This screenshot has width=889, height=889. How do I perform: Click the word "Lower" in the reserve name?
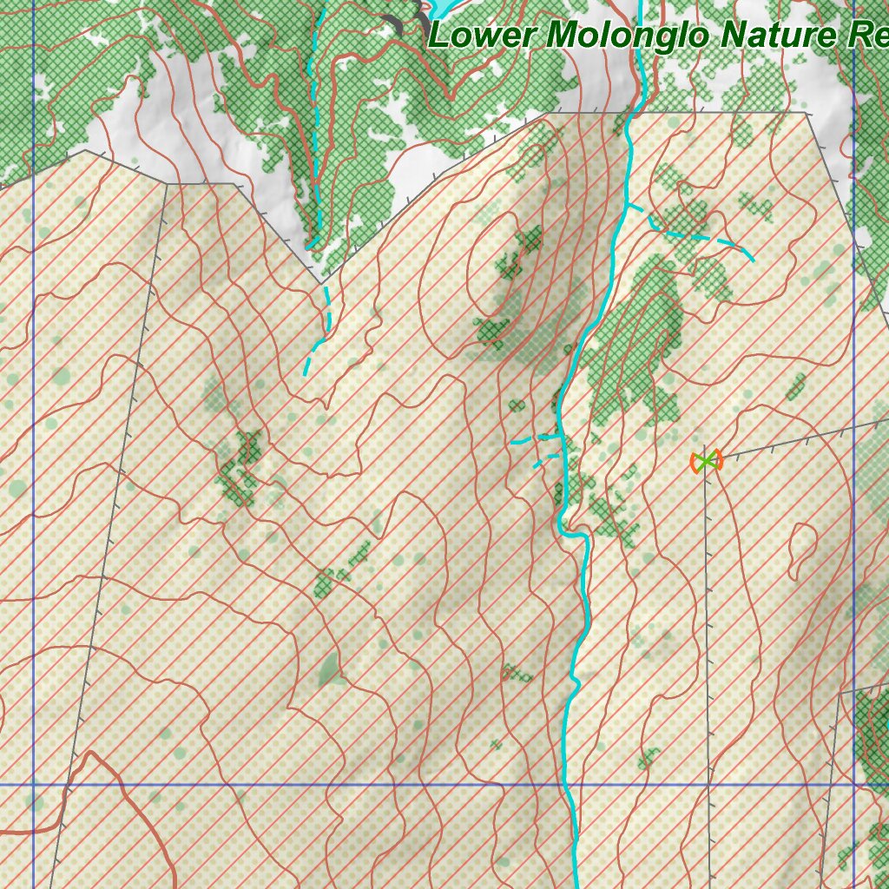[482, 36]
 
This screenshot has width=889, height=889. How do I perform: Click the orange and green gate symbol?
[707, 461]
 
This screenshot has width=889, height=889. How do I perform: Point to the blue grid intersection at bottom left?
[33, 785]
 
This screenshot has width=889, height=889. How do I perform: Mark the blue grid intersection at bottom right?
[854, 785]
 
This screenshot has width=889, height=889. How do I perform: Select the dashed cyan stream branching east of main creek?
[695, 234]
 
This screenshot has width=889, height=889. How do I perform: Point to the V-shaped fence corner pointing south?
[320, 282]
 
